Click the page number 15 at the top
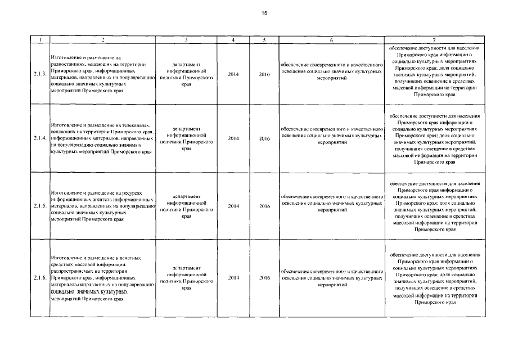pos(263,13)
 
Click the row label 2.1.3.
pos(39,74)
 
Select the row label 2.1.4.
pos(39,138)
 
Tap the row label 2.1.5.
pos(39,206)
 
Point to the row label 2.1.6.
pos(39,277)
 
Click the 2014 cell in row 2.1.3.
pos(233,74)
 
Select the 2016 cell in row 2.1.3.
pos(264,74)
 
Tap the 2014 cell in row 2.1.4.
pos(233,138)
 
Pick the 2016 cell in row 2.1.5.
pos(264,206)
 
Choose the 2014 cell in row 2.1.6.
pos(233,277)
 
